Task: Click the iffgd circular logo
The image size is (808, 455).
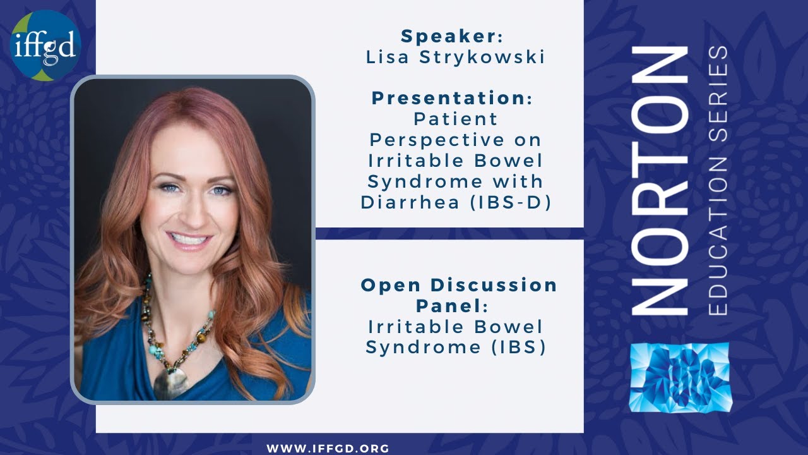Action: pyautogui.click(x=45, y=45)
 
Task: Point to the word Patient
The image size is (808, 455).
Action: pyautogui.click(x=455, y=118)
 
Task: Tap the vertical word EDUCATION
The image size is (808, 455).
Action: pyautogui.click(x=718, y=253)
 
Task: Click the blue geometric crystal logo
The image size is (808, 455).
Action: pyautogui.click(x=680, y=378)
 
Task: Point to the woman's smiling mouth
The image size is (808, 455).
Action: pyautogui.click(x=189, y=240)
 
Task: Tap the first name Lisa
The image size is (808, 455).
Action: pyautogui.click(x=386, y=57)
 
